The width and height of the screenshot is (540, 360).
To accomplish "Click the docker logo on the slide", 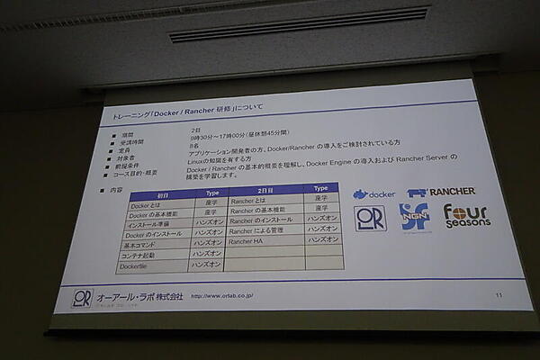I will [373, 193].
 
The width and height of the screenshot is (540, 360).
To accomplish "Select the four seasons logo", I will [466, 215].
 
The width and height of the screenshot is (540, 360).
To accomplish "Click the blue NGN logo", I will [414, 217].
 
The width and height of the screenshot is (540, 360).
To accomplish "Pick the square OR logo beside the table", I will [370, 218].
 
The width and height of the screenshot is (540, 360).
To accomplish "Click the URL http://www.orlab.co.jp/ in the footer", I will [221, 294].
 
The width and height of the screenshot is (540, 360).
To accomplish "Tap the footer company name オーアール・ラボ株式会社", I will [140, 295].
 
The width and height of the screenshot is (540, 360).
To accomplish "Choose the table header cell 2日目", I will [265, 191].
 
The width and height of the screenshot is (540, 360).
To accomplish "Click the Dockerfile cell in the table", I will [146, 265].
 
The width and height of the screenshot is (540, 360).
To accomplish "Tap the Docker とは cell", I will [146, 205].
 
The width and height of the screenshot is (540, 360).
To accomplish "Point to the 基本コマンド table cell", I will [147, 244].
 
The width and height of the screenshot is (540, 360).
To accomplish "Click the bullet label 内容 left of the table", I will [115, 191].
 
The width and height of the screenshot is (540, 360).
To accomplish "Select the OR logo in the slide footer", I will [82, 297].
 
